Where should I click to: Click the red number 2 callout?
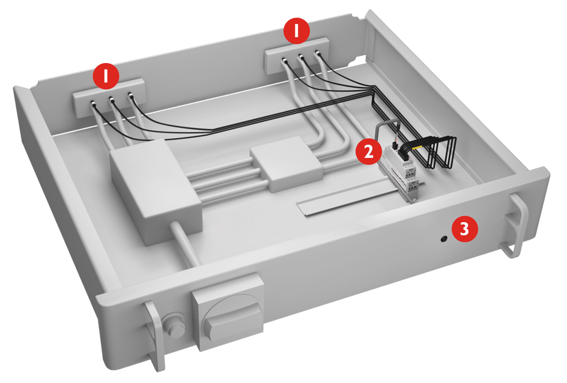click(x=368, y=151)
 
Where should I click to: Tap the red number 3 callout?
click(x=465, y=229)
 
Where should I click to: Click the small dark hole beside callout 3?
click(x=444, y=239)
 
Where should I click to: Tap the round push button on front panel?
click(x=175, y=325)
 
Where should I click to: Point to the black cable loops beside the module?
click(x=441, y=153)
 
